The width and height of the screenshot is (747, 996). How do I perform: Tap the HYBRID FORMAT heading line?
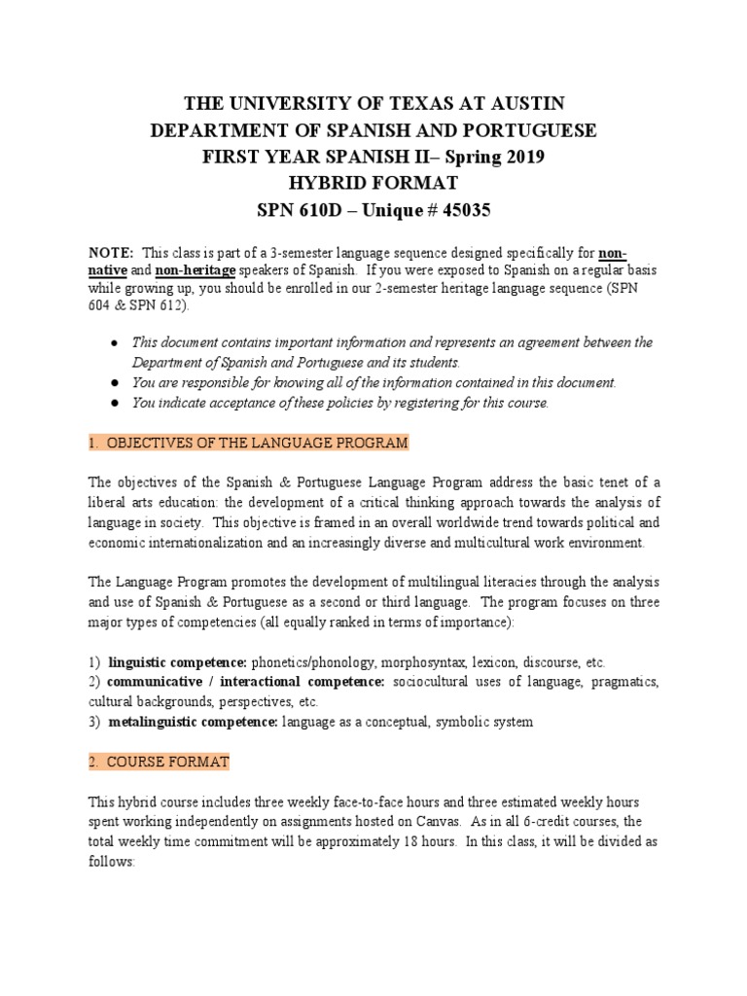click(373, 183)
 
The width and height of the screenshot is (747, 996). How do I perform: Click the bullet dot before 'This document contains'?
click(115, 342)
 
